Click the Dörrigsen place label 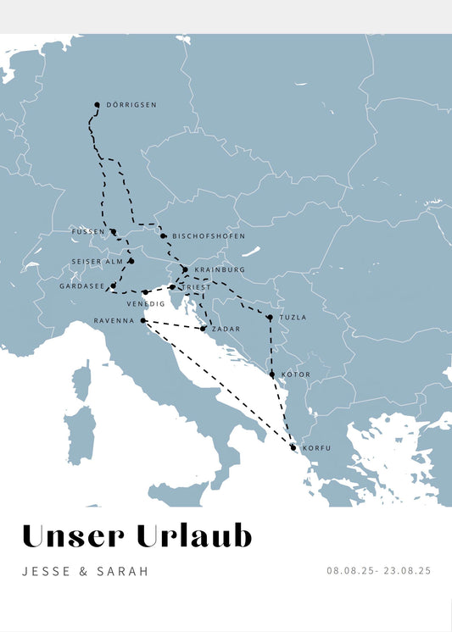click(132, 105)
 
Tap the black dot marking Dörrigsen click(97, 105)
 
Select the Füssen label click(88, 231)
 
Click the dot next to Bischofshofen click(163, 236)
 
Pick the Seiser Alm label click(96, 261)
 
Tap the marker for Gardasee click(113, 286)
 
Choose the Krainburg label click(220, 269)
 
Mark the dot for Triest click(172, 287)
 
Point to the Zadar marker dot click(203, 329)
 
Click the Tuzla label click(293, 318)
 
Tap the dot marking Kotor click(271, 374)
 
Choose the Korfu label click(316, 447)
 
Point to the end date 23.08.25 click(408, 571)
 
